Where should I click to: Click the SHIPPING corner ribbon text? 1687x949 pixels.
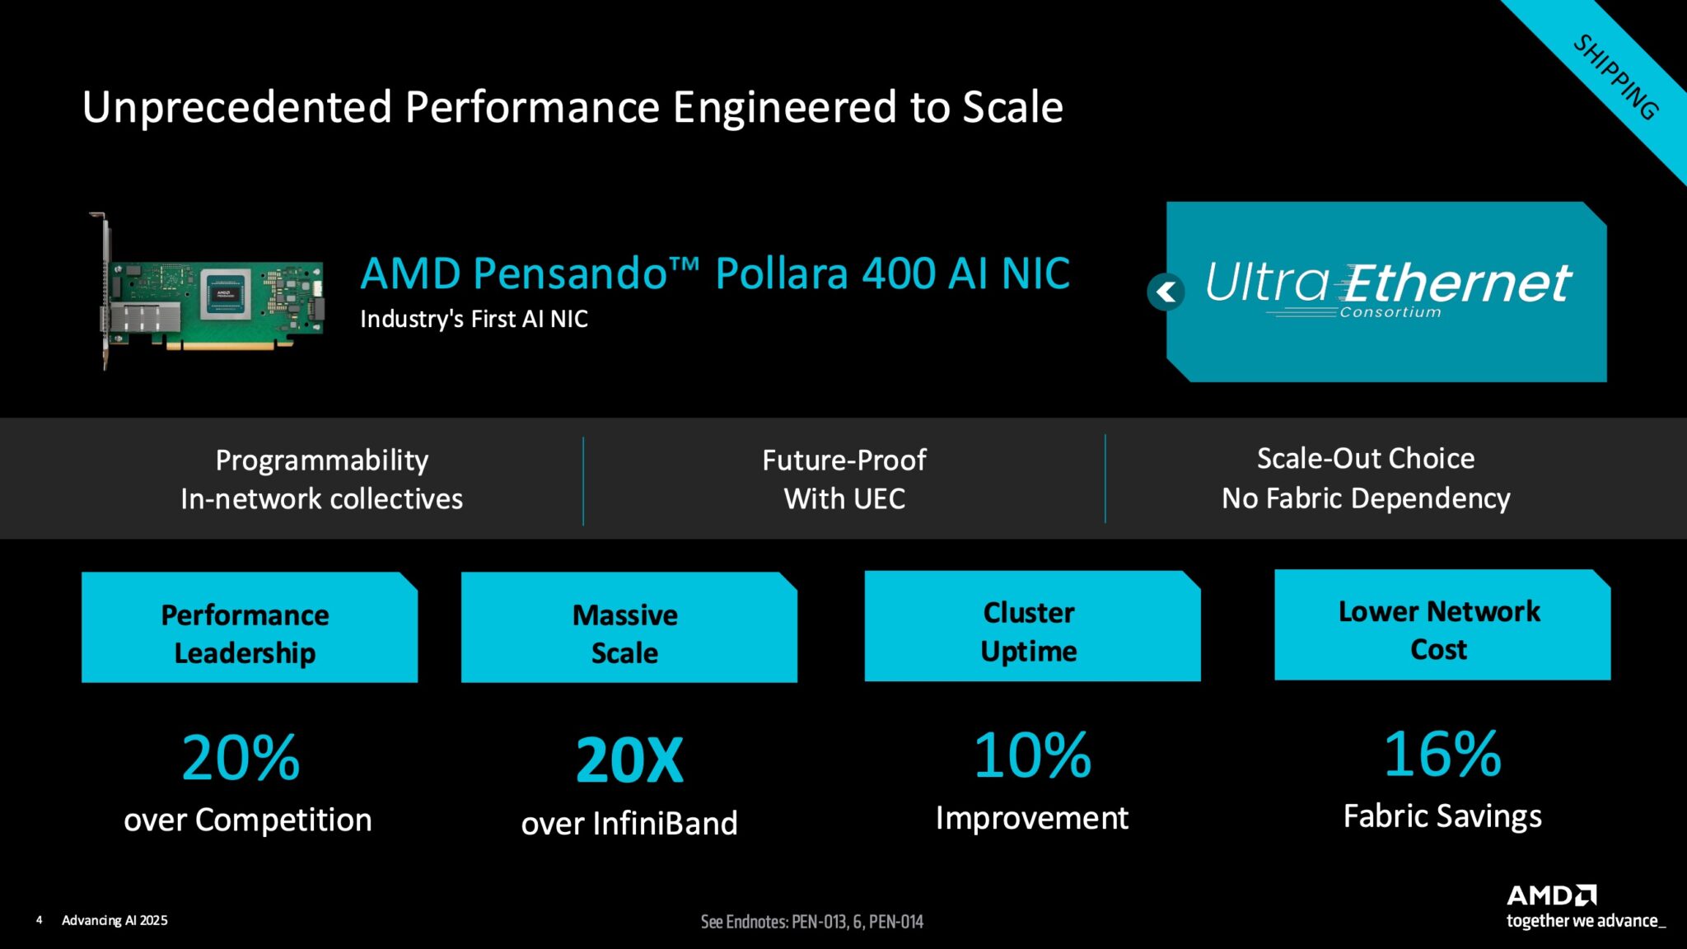coord(1615,77)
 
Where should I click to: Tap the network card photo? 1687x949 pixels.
coord(210,293)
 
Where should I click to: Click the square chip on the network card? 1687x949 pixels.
coord(225,293)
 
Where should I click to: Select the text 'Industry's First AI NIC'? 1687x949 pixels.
coord(474,319)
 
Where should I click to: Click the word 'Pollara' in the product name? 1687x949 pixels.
coord(781,273)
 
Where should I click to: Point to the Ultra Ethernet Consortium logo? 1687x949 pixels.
coord(1388,289)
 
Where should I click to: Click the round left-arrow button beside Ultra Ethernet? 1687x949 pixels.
coord(1166,292)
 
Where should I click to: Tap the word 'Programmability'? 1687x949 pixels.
coord(321,460)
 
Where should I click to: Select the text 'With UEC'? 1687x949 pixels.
coord(844,498)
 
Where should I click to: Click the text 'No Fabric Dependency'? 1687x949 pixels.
coord(1366,498)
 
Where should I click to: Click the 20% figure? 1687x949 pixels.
coord(241,758)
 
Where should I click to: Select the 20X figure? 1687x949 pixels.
coord(629,760)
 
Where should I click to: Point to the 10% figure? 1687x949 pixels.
coord(1032,755)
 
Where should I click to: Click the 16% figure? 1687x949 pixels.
coord(1442,754)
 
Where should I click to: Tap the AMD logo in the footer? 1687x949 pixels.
coord(1551,895)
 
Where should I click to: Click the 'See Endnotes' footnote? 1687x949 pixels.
coord(811,922)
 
